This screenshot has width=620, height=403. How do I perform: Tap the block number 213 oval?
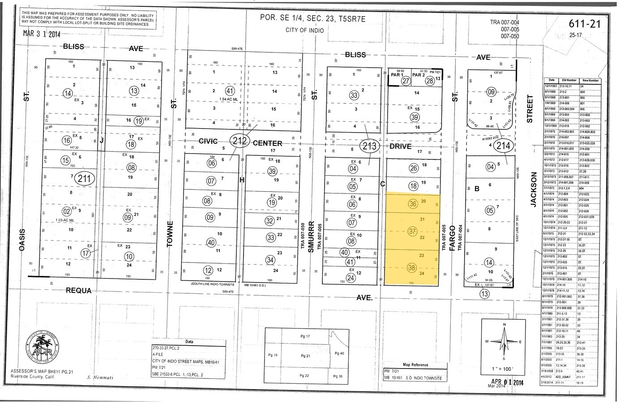pyautogui.click(x=370, y=146)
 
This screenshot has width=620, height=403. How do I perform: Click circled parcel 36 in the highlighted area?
pyautogui.click(x=413, y=204)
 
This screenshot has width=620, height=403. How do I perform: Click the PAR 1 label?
pyautogui.click(x=396, y=75)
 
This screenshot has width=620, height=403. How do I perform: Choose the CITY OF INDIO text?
pyautogui.click(x=304, y=30)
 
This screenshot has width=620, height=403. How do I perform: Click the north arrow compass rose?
pyautogui.click(x=505, y=341)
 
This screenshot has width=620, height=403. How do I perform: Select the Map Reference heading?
pyautogui.click(x=415, y=365)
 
